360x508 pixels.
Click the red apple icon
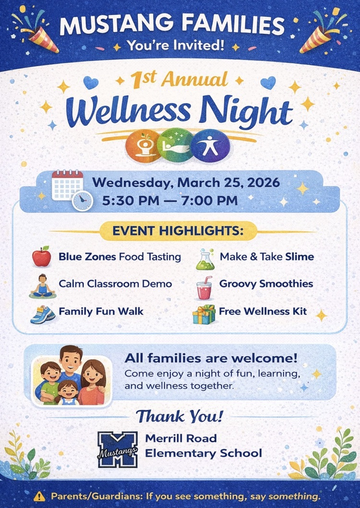pyautogui.click(x=42, y=257)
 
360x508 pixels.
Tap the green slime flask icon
pyautogui.click(x=205, y=259)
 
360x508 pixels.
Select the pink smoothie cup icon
pyautogui.click(x=204, y=288)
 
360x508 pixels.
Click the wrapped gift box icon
pyautogui.click(x=204, y=314)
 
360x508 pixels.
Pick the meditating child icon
pyautogui.click(x=42, y=286)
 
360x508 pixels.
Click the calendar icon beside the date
pyautogui.click(x=67, y=185)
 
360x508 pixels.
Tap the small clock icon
pyautogui.click(x=82, y=201)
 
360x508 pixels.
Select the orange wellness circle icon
pyautogui.click(x=143, y=146)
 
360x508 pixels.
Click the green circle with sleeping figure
pyautogui.click(x=176, y=146)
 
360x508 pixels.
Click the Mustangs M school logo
pyautogui.click(x=117, y=449)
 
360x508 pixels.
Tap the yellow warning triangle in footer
pyautogui.click(x=39, y=496)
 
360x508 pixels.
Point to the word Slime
pyautogui.click(x=299, y=256)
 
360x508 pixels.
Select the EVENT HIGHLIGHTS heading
pyautogui.click(x=179, y=231)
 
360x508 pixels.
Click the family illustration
pyautogui.click(x=72, y=375)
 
